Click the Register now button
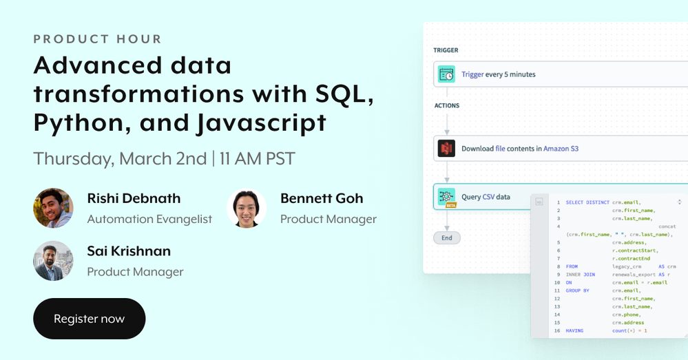click(x=89, y=319)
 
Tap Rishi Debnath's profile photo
click(x=53, y=209)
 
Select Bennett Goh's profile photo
click(x=246, y=209)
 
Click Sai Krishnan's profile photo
click(x=53, y=261)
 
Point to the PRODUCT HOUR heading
click(x=97, y=39)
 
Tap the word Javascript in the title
click(x=262, y=123)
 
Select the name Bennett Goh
click(x=322, y=198)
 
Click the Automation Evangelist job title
click(x=149, y=220)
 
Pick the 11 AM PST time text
click(x=257, y=159)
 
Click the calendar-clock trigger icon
click(x=446, y=74)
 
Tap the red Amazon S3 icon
click(x=446, y=149)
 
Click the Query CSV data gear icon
click(x=446, y=196)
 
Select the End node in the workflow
click(x=447, y=237)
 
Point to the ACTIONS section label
click(x=447, y=106)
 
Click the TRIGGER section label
click(x=446, y=50)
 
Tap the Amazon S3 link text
click(x=561, y=149)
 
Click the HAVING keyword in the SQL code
click(x=574, y=330)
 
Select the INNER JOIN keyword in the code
click(x=580, y=275)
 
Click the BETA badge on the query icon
click(x=450, y=204)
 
